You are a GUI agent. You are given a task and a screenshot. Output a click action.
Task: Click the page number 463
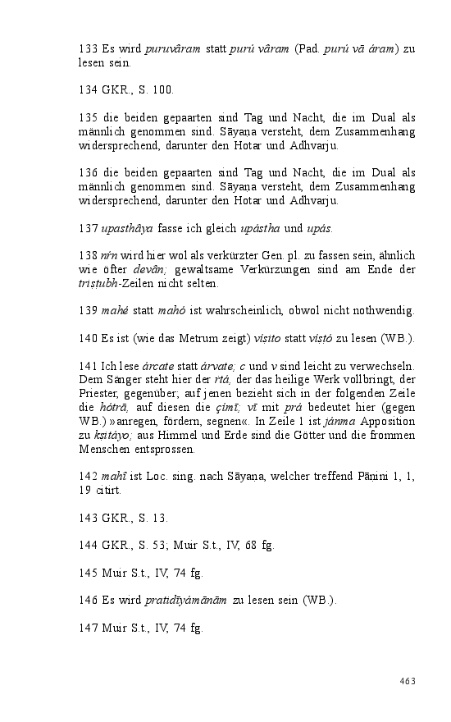coord(408,681)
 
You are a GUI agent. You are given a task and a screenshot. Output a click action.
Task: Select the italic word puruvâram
coord(173,49)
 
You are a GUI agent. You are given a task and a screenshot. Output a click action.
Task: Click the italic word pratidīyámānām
coord(188,601)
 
